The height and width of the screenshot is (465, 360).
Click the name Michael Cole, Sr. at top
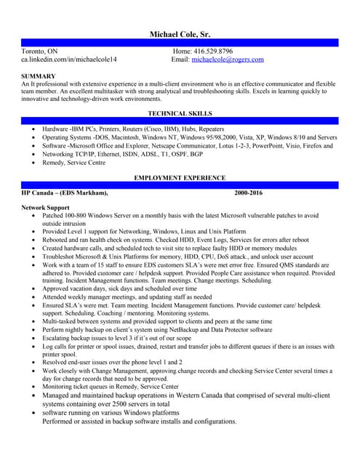tap(180, 34)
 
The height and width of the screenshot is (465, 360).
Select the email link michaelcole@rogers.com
tap(228, 60)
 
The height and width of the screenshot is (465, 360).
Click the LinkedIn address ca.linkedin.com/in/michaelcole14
tap(69, 60)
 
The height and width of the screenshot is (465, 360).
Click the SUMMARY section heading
tap(39, 76)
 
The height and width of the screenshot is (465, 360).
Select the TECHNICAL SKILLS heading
tap(180, 114)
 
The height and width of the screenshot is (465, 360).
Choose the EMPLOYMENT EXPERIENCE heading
tap(180, 178)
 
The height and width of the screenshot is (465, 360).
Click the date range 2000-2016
tap(249, 193)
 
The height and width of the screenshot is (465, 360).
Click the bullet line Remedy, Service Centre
tap(74, 163)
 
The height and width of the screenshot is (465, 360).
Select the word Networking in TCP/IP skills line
tap(60, 154)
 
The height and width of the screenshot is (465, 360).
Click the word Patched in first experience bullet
tap(54, 216)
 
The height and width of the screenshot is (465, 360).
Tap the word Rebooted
tap(57, 240)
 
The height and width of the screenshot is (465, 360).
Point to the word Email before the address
tap(179, 60)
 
